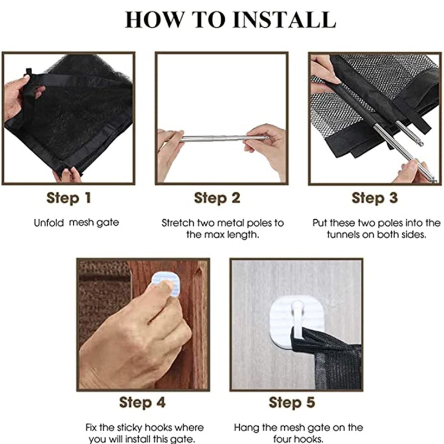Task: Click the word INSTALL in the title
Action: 284,19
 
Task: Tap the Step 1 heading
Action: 68,198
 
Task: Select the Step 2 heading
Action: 217,198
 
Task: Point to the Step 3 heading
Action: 375,198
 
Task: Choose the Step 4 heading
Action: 142,402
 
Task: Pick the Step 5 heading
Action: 292,402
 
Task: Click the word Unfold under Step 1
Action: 49,223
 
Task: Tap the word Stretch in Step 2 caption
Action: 178,223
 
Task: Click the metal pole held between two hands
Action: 224,138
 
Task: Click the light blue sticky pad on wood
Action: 166,283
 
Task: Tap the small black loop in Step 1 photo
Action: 28,72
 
